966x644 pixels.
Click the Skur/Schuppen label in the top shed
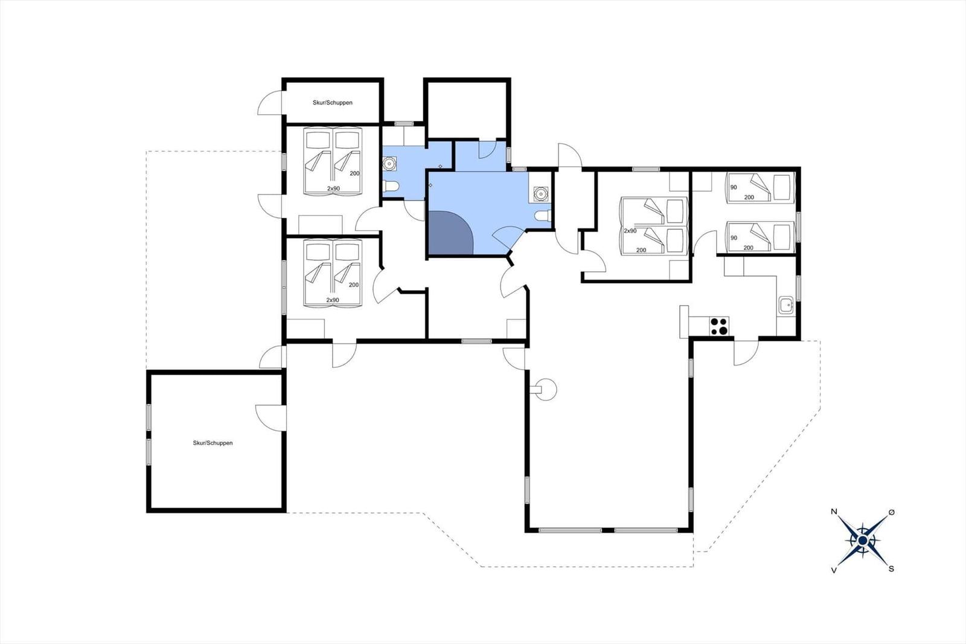333,103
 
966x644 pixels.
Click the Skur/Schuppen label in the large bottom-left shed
213,443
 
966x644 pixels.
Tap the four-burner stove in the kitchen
719,326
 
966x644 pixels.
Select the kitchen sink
786,305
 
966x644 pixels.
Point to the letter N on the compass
834,512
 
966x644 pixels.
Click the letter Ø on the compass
891,512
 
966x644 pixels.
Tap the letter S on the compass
891,569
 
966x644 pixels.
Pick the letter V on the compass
834,570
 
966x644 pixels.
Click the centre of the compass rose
863,541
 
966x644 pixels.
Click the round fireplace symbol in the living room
545,389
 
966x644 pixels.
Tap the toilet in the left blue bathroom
391,187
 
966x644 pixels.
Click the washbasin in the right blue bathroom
540,194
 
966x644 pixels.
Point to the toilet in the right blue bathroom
543,215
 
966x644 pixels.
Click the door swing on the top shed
269,103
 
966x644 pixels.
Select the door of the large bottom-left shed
270,417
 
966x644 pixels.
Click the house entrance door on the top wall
570,155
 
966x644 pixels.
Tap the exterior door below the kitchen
746,353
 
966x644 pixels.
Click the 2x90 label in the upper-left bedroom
333,188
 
